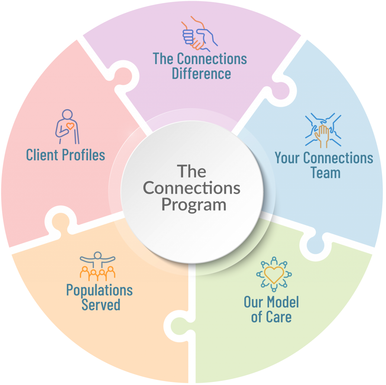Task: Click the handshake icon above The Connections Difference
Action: (199, 34)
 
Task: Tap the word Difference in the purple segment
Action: (201, 74)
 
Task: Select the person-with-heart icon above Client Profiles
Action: (67, 127)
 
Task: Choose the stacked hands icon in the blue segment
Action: (323, 130)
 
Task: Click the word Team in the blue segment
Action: (325, 173)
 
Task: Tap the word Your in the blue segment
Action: (287, 158)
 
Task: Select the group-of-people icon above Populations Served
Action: (97, 266)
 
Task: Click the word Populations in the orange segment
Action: (100, 290)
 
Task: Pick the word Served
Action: (101, 305)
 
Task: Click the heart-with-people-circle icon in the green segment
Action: (274, 274)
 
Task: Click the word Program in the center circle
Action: (194, 205)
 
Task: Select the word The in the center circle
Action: (191, 171)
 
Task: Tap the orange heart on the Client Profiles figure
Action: (70, 126)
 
